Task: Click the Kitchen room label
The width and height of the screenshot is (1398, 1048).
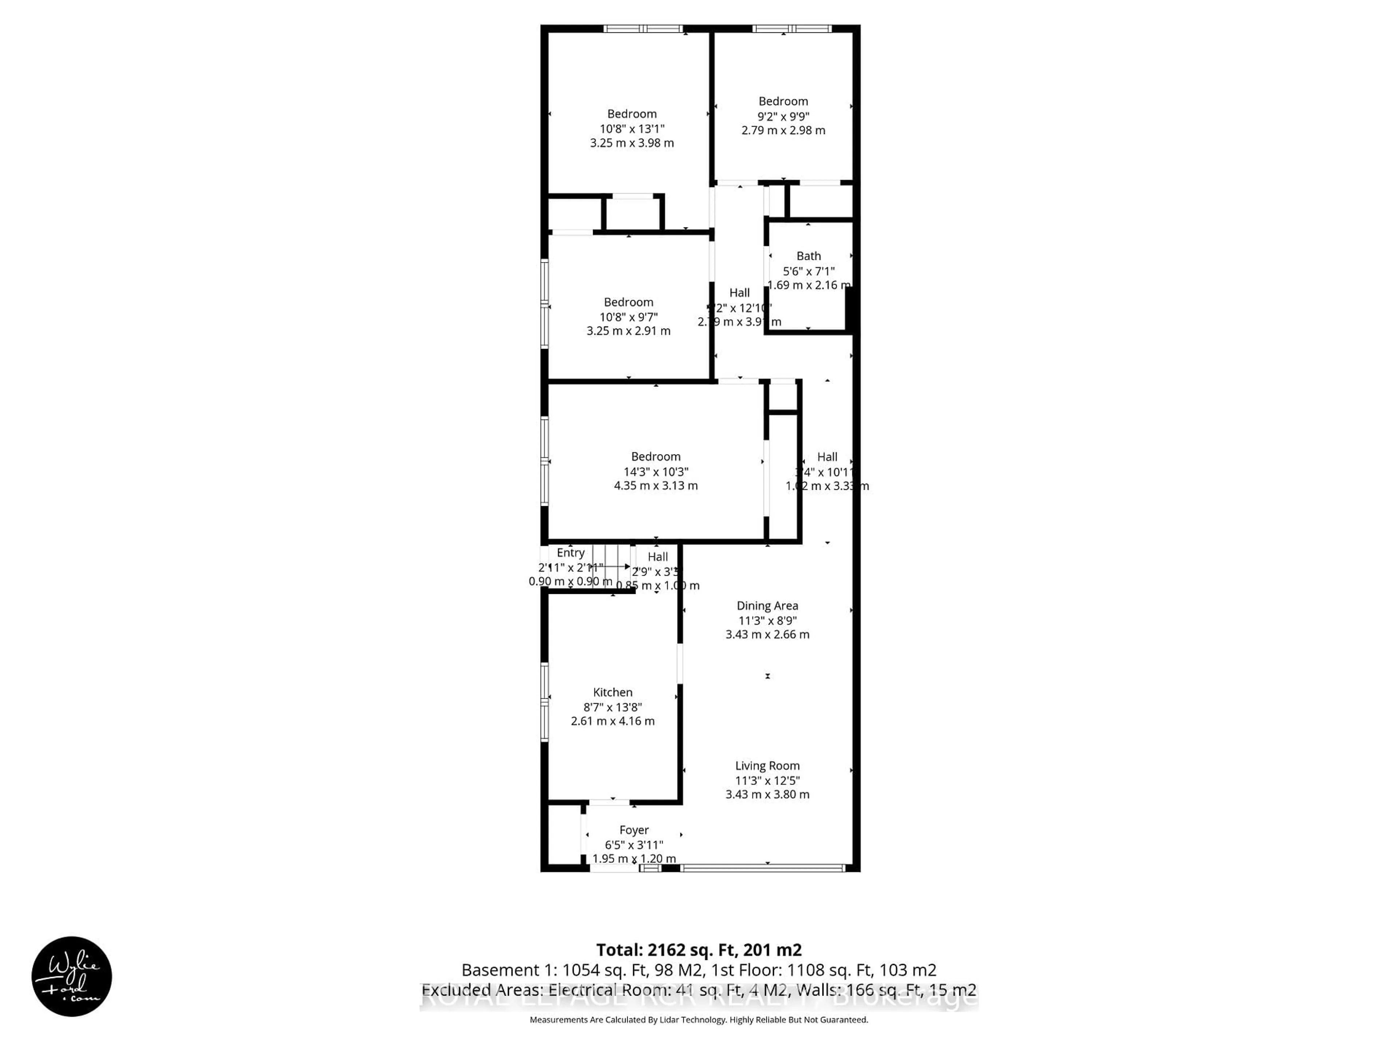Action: coord(612,692)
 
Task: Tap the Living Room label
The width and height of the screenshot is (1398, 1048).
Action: coord(767,766)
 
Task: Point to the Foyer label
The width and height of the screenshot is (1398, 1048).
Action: coord(634,830)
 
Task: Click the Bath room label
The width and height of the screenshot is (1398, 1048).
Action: coord(808,256)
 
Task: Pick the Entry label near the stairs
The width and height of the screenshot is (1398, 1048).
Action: coord(570,553)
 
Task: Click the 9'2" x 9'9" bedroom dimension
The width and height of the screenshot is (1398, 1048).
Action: coord(783,116)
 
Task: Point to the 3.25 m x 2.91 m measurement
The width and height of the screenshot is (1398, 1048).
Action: coord(628,331)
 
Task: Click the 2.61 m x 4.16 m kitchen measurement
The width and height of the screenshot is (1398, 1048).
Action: coord(612,721)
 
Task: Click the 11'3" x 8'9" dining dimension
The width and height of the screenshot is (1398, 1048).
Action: coord(767,620)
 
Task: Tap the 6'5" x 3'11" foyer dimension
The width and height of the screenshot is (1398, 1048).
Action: coord(634,845)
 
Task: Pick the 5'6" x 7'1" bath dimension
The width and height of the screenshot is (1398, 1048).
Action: coord(808,271)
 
